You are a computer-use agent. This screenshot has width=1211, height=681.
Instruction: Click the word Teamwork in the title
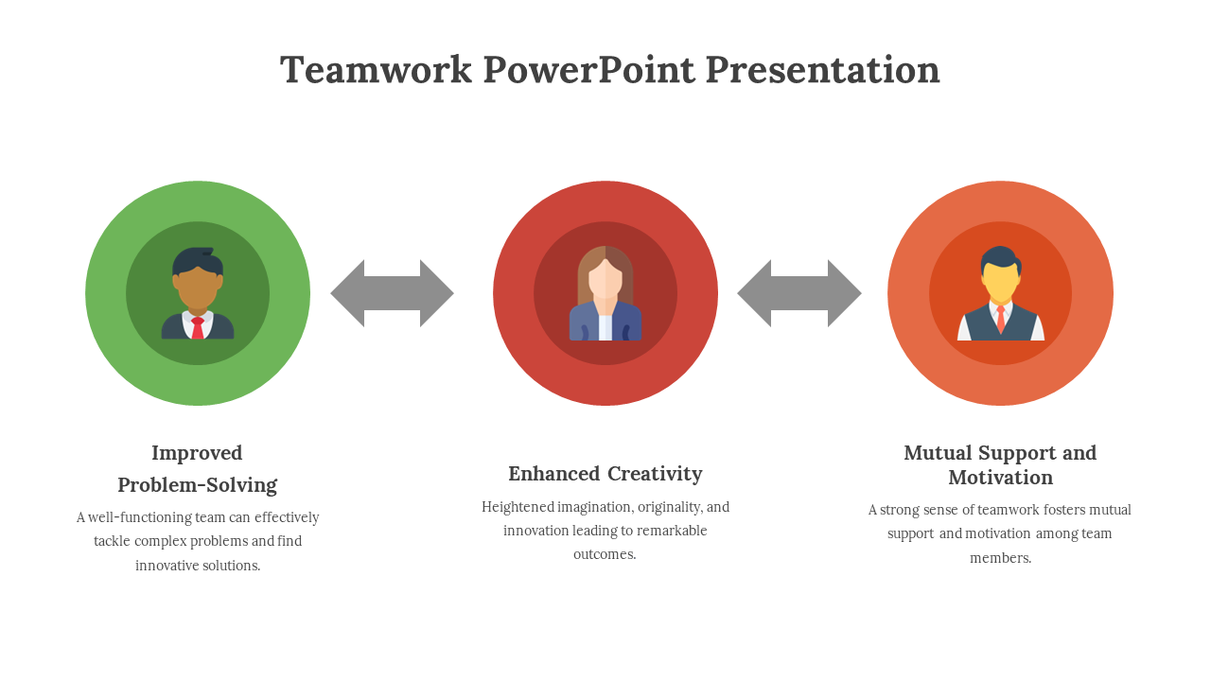[x=376, y=70]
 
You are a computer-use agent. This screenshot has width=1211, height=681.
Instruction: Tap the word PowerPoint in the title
[x=588, y=70]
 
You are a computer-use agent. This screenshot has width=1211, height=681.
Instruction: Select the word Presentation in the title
[x=822, y=70]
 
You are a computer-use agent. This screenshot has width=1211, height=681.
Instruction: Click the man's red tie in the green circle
[x=198, y=327]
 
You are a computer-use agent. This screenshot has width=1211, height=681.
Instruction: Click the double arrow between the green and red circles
[x=392, y=293]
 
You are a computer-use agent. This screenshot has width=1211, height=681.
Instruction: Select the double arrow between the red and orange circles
[x=799, y=293]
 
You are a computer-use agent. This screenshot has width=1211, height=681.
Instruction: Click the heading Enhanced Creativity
[x=605, y=474]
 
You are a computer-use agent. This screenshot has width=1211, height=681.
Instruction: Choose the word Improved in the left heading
[x=197, y=453]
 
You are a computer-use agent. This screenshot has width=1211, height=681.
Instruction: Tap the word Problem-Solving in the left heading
[x=197, y=485]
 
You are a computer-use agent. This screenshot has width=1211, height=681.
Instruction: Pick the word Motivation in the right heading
[x=1000, y=478]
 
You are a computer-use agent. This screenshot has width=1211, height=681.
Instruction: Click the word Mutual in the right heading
[x=938, y=453]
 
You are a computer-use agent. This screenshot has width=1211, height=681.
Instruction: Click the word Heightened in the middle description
[x=518, y=507]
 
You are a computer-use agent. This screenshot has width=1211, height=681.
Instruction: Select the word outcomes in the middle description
[x=605, y=554]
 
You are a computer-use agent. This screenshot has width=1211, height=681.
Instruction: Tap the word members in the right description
[x=999, y=558]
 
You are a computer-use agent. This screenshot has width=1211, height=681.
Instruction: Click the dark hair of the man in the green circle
[x=196, y=259]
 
